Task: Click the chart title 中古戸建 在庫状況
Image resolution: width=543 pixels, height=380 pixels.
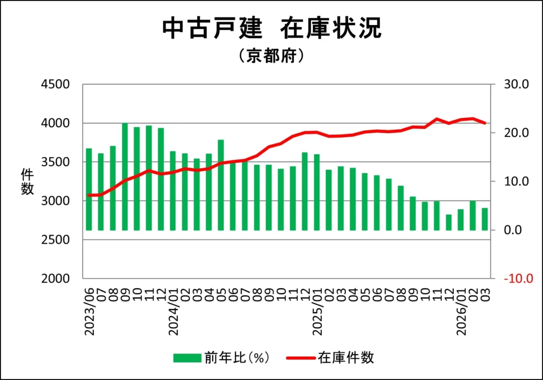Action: (271, 29)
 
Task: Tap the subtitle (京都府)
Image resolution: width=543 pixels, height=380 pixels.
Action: (271, 56)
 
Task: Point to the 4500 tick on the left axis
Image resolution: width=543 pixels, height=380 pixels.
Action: (56, 84)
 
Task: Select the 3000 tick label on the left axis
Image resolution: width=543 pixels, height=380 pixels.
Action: (56, 201)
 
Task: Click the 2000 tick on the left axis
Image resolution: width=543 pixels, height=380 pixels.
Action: (56, 279)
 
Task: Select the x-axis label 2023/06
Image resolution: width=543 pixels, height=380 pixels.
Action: (89, 313)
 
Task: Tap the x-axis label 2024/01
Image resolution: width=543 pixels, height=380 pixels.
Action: (173, 313)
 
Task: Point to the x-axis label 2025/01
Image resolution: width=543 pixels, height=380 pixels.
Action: (317, 313)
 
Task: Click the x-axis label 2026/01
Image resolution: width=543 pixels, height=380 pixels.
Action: (461, 313)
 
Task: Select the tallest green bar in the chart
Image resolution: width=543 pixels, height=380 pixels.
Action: (125, 177)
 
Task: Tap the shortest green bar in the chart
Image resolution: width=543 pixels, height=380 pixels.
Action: (449, 223)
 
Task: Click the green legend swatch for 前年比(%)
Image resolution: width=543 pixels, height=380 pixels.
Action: (187, 358)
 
